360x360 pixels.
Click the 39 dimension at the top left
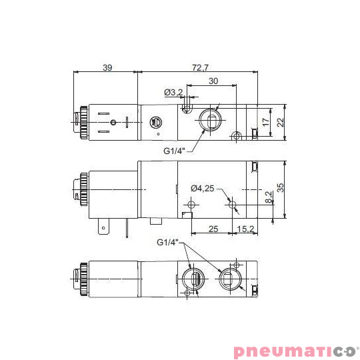pyautogui.click(x=107, y=68)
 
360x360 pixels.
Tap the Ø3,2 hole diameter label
pyautogui.click(x=173, y=92)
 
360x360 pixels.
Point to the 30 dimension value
pyautogui.click(x=213, y=81)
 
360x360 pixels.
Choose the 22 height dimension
pyautogui.click(x=281, y=122)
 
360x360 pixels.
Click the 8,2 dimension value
pyautogui.click(x=268, y=197)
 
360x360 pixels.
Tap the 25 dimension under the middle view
pyautogui.click(x=213, y=229)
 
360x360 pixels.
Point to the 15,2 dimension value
pyautogui.click(x=246, y=229)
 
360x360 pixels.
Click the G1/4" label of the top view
pyautogui.click(x=175, y=151)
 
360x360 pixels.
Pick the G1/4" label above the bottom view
pyautogui.click(x=169, y=241)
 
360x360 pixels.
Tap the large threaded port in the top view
pyautogui.click(x=208, y=122)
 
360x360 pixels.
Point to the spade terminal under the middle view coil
pyautogui.click(x=103, y=228)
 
